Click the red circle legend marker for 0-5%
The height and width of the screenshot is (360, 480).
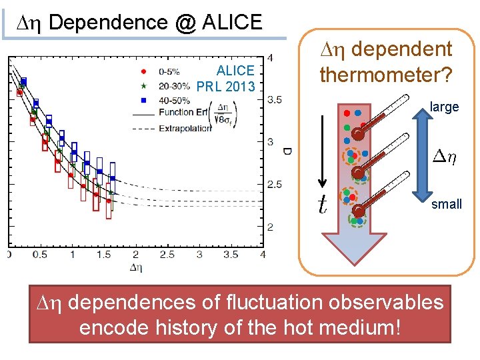(x=144, y=70)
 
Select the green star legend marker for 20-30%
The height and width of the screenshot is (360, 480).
(x=144, y=85)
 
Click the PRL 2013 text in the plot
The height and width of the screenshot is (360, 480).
(x=226, y=87)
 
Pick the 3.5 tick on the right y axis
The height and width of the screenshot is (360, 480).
(x=274, y=100)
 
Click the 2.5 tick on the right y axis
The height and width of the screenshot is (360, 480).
(x=274, y=185)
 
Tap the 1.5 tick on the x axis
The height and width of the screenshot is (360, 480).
(x=104, y=255)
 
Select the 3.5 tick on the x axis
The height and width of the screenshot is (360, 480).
(x=231, y=255)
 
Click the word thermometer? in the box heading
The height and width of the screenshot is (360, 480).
(x=386, y=74)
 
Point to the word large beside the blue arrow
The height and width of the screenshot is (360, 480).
(x=445, y=107)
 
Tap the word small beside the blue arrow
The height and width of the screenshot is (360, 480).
(x=446, y=204)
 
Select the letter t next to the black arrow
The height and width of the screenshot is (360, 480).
(x=323, y=204)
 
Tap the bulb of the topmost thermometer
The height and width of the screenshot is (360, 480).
(x=358, y=134)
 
